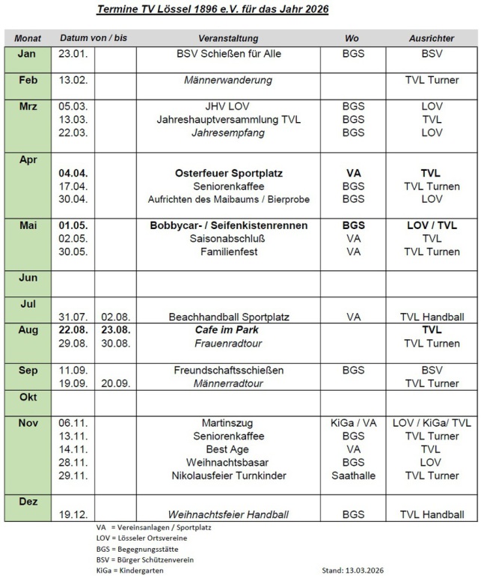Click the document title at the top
point(213,10)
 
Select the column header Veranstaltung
point(228,37)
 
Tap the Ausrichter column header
point(431,37)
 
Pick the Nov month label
point(28,423)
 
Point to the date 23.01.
point(73,54)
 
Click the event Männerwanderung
point(228,80)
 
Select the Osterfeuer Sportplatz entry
point(228,173)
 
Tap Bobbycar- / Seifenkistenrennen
point(228,225)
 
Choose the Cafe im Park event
point(228,330)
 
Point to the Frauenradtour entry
point(228,344)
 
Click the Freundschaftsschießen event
point(228,370)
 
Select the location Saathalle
point(354,475)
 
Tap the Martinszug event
point(228,423)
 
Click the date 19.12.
point(73,514)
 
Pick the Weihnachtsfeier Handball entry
point(228,514)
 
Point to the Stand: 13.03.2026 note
point(362,571)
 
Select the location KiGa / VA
point(354,423)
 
